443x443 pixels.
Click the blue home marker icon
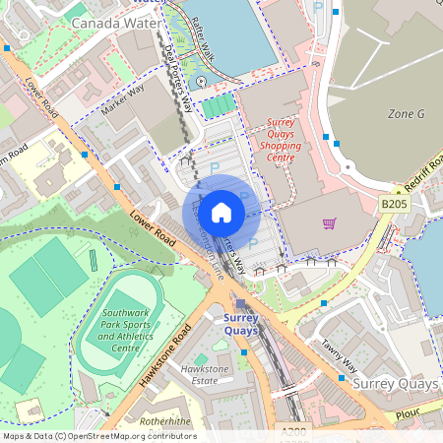pyautogui.click(x=221, y=212)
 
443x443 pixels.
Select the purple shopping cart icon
pyautogui.click(x=329, y=223)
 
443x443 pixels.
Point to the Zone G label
pyautogui.click(x=406, y=114)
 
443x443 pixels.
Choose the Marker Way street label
pyautogui.click(x=122, y=101)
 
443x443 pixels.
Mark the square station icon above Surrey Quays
pyautogui.click(x=240, y=304)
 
